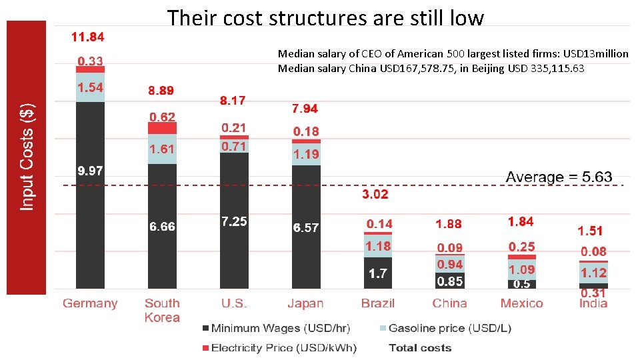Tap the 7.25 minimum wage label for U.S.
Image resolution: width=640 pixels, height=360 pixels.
[234, 222]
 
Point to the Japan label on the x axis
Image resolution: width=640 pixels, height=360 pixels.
[305, 303]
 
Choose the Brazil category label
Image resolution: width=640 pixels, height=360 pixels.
[378, 303]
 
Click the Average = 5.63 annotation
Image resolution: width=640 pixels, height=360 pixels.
[559, 177]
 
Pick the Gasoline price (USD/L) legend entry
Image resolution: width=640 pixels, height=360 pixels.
[445, 328]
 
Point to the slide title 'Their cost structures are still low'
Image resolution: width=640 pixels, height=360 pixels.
[325, 17]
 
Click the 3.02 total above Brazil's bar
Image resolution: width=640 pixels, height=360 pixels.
[375, 195]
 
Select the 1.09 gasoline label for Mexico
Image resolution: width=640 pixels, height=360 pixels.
[521, 270]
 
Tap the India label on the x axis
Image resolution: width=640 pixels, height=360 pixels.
[593, 303]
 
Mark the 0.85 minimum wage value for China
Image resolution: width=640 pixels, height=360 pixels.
[450, 281]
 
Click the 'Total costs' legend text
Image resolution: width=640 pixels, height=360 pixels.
[420, 347]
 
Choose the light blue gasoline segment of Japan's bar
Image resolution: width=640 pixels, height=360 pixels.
[306, 155]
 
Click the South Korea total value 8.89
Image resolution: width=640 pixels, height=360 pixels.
[162, 90]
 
